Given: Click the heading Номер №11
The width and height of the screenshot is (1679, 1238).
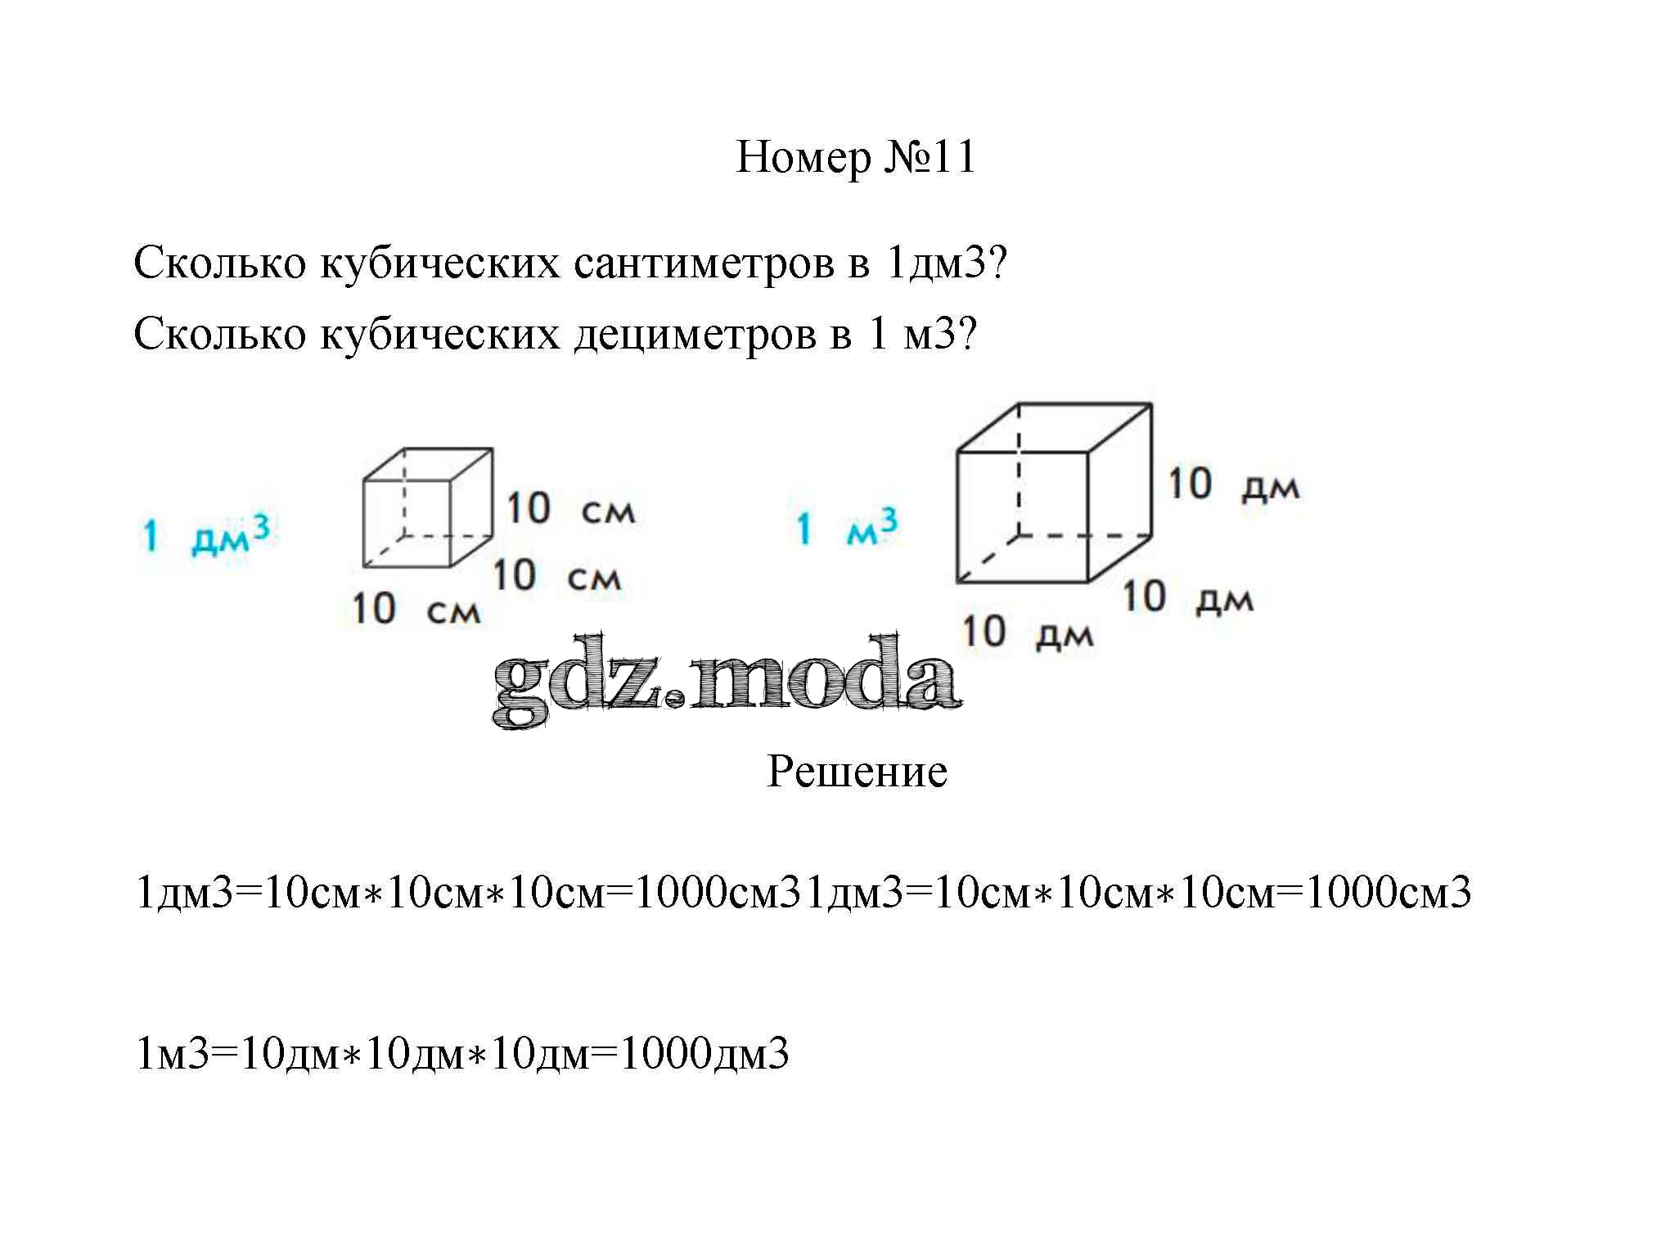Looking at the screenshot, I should pos(856,157).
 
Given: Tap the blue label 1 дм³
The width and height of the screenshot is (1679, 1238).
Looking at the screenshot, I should pos(205,535).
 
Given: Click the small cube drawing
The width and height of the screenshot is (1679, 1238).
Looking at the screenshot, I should pos(427,507).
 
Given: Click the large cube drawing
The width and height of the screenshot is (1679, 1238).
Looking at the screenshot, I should pos(1054,493).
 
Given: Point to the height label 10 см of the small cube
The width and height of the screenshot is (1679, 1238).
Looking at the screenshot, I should pos(570,509).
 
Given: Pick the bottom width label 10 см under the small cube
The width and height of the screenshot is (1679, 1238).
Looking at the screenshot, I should pos(416,610).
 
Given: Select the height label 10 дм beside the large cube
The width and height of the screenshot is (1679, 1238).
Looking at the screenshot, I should pos(1232,484).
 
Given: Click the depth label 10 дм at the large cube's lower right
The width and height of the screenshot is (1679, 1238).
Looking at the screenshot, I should pos(1187,597).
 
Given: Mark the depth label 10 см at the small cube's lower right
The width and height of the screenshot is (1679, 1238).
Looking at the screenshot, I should pos(556,576).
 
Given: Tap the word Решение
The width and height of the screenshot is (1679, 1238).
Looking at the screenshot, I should pos(857,772).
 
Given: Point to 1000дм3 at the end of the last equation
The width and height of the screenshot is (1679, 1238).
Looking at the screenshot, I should pos(704,1054).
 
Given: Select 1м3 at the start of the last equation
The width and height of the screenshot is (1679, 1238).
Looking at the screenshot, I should pos(173,1054).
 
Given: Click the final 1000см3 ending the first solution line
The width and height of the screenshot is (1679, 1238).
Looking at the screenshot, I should pos(1388,892).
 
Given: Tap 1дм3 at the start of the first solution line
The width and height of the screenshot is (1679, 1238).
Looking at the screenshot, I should pos(185,892).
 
